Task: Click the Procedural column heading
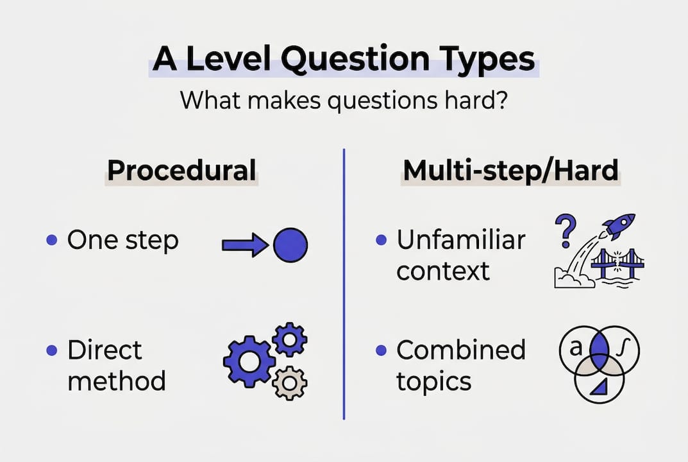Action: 181,171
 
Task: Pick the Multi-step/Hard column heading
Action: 511,171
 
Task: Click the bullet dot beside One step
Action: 52,240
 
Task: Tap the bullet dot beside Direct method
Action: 52,350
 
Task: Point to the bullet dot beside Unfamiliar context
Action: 382,240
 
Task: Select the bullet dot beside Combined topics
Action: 382,350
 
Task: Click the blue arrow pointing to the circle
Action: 246,245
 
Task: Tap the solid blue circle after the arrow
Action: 290,245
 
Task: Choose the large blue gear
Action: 249,361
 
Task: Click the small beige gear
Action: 290,382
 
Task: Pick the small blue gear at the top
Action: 290,339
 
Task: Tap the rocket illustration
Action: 619,226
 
